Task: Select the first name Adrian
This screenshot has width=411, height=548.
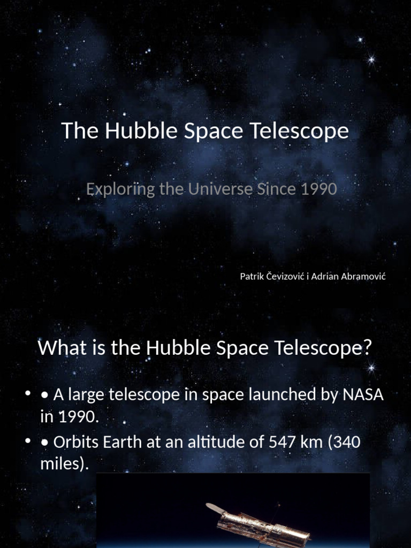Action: tap(326, 276)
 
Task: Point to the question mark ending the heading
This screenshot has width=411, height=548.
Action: tap(367, 348)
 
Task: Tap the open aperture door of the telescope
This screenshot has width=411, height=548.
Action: tap(215, 508)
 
